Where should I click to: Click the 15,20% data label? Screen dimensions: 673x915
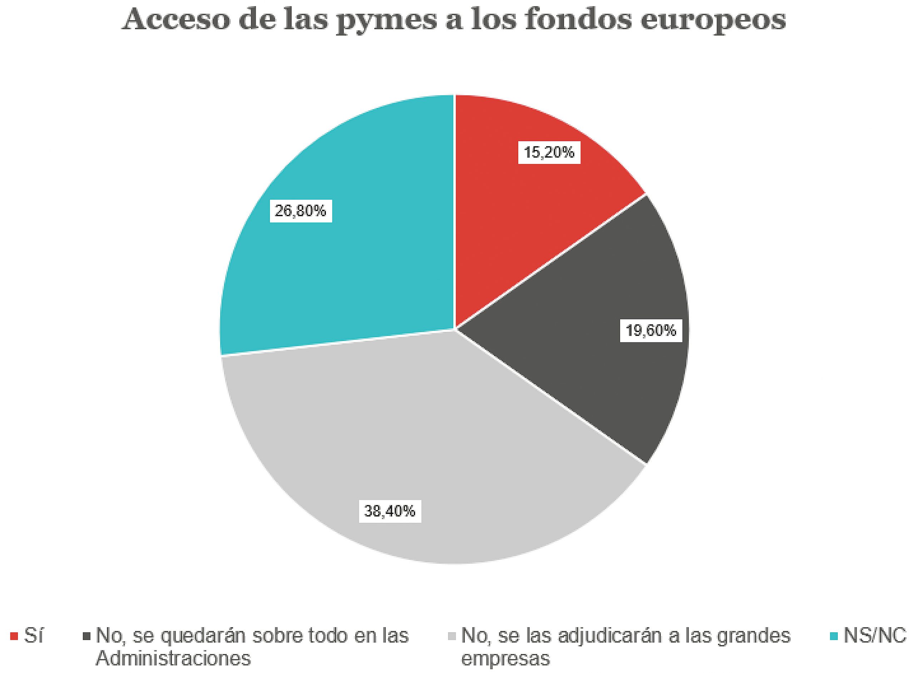pyautogui.click(x=549, y=153)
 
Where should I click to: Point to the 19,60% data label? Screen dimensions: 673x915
pyautogui.click(x=651, y=330)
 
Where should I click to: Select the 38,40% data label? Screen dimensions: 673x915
pyautogui.click(x=390, y=511)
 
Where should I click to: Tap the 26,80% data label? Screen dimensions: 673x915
pyautogui.click(x=301, y=211)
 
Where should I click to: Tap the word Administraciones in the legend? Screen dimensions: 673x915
pyautogui.click(x=173, y=659)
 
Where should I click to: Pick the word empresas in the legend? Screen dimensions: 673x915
pyautogui.click(x=505, y=659)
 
